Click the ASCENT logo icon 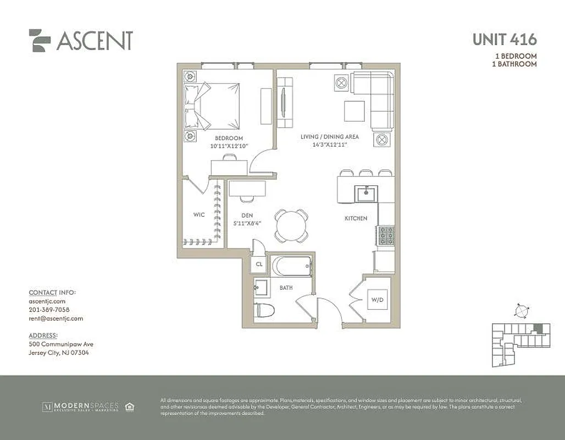[x=40, y=40]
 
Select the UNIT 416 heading [x=504, y=40]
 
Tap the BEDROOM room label [x=229, y=138]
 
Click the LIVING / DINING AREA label [x=329, y=136]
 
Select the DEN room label [x=246, y=216]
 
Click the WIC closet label [x=199, y=215]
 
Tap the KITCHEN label [x=356, y=218]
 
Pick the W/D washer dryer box [x=376, y=300]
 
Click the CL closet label [x=259, y=265]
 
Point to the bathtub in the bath [x=292, y=266]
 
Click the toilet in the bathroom [x=263, y=310]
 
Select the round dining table [x=291, y=226]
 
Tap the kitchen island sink [x=363, y=193]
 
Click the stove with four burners [x=385, y=235]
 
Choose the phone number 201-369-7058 [x=49, y=310]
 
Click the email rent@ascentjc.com [x=56, y=318]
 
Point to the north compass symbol [x=520, y=311]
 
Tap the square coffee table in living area [x=354, y=111]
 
